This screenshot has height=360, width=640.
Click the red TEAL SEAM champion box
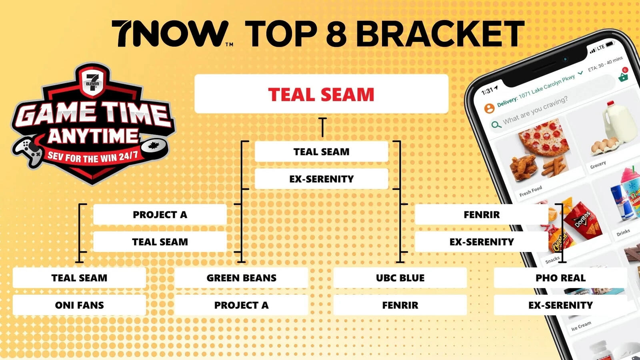coord(321,94)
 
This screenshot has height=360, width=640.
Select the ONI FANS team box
coord(79,305)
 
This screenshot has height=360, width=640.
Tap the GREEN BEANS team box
coord(241,278)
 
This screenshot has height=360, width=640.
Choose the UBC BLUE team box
coord(400,278)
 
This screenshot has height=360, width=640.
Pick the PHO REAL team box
coord(560,278)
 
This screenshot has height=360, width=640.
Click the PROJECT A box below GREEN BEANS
coord(241,305)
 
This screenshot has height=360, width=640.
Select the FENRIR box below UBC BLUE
coord(400,305)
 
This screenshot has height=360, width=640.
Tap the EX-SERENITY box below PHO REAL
coord(560,305)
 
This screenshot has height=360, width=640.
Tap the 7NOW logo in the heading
coord(170,34)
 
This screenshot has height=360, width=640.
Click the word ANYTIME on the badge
coord(93,136)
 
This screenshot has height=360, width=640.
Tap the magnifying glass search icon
coord(496,124)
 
